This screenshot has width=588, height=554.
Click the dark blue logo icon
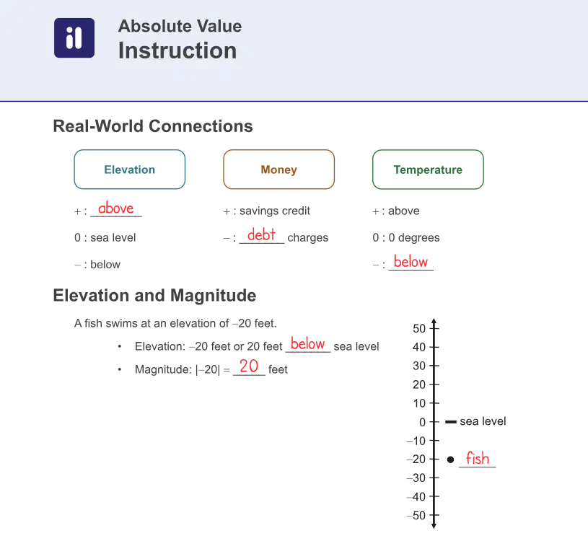coord(74,38)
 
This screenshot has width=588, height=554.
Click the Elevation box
coord(130,170)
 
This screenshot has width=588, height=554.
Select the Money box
coord(278,170)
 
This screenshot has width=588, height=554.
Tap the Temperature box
coord(428,170)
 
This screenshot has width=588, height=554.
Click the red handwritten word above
coord(116,208)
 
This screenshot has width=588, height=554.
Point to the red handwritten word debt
coord(261,234)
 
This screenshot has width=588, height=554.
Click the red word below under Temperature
coord(411,261)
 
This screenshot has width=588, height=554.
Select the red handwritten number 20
coord(249,366)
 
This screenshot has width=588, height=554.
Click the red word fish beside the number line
coord(478,458)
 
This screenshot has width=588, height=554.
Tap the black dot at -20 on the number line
coord(451,460)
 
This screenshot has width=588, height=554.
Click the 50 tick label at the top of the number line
coord(419,329)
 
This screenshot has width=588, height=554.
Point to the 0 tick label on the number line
coord(423,423)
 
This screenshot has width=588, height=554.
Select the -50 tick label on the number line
coord(416,515)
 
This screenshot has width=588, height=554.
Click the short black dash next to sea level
coord(451,422)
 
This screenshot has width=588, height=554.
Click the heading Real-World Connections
coord(153,126)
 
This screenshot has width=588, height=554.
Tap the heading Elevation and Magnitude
coord(154,295)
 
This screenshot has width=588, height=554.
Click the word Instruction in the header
coord(177,50)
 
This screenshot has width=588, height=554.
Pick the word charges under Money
coord(308,237)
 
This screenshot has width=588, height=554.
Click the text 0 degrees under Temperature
coord(414,237)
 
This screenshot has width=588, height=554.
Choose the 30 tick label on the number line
coord(419,366)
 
